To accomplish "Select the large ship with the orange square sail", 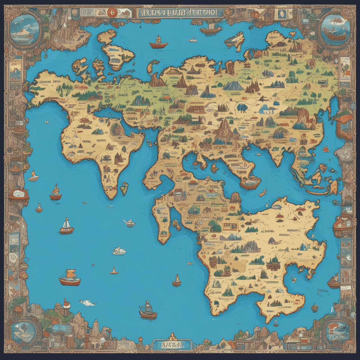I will [x=70, y=278].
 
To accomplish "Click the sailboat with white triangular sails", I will [x=67, y=226].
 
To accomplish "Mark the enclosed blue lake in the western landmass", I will [x=107, y=113].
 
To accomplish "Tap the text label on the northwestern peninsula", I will [x=48, y=82].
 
